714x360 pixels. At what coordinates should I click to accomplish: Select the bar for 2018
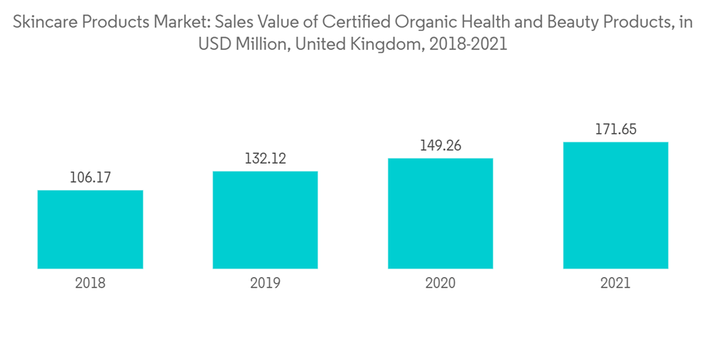[90, 229]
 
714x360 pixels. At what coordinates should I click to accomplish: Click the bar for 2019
[265, 220]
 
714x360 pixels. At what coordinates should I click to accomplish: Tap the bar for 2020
[441, 214]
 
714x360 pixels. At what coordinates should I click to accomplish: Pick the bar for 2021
[615, 206]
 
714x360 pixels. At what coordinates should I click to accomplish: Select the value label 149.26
[441, 146]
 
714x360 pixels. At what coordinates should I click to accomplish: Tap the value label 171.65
[615, 130]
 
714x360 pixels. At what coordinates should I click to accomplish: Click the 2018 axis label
[90, 283]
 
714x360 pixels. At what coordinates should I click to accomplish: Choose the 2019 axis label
[265, 283]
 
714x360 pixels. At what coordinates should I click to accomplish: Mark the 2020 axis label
[441, 283]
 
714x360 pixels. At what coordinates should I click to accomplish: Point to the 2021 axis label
[615, 283]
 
